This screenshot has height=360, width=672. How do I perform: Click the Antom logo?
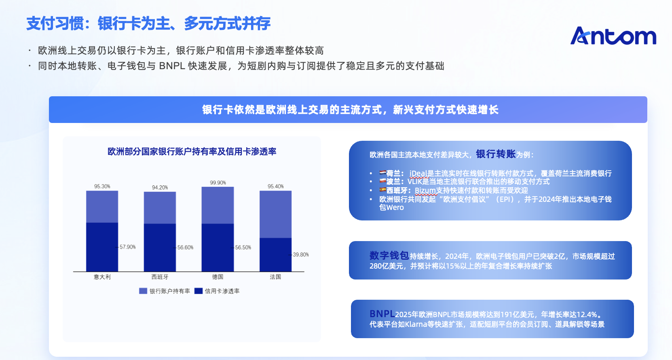(613, 36)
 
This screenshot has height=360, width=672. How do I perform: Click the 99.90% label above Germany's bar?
(218, 183)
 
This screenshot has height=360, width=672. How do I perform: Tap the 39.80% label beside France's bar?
(300, 255)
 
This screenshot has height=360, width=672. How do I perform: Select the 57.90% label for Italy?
(127, 247)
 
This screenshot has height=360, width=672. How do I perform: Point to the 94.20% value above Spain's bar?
(160, 188)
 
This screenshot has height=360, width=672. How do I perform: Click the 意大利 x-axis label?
(102, 277)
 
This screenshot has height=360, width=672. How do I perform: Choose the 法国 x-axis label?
(275, 277)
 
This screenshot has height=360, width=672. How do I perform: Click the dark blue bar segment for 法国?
(275, 255)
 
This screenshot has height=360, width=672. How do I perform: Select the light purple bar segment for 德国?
(218, 205)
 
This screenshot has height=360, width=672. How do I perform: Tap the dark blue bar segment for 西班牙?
(160, 248)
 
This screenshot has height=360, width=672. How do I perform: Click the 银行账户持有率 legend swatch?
(143, 291)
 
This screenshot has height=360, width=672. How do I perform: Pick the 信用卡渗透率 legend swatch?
(198, 291)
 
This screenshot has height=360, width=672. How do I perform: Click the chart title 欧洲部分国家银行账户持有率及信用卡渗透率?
(192, 152)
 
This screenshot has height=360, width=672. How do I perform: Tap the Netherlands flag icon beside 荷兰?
(382, 173)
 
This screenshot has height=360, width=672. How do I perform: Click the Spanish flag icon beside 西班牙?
(382, 190)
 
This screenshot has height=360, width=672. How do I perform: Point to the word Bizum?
(425, 191)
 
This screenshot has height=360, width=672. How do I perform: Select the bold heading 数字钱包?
(389, 256)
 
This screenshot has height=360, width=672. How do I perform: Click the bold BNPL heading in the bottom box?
(382, 314)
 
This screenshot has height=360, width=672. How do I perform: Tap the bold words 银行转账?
(496, 154)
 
